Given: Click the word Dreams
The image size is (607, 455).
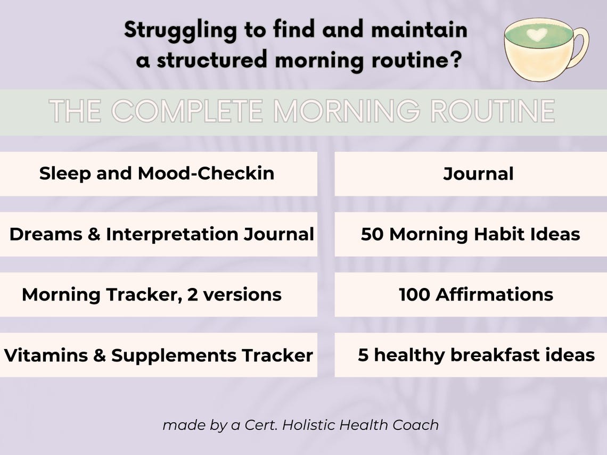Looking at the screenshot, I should [45, 234].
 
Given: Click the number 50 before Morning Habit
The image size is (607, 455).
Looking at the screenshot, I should [372, 234].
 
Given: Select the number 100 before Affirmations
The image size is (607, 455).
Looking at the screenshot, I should [414, 294].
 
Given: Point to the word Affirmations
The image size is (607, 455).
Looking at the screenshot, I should [494, 294].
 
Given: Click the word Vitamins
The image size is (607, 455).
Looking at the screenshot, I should [46, 355].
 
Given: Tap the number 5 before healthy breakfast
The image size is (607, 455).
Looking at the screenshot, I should [363, 355].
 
